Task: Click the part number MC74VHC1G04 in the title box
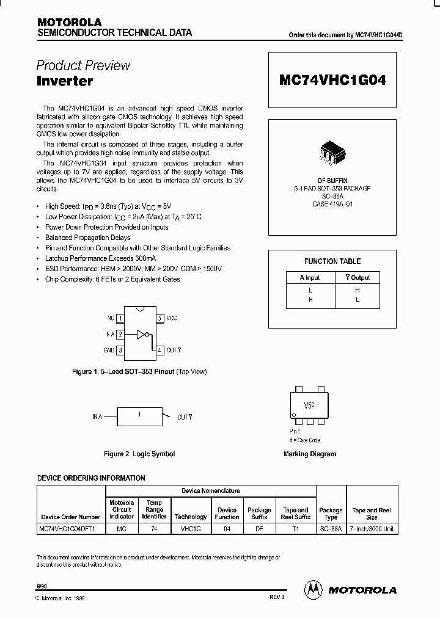(332, 79)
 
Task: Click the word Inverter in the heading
(64, 80)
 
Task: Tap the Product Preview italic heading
(83, 65)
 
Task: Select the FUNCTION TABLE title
(332, 261)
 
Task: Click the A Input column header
(310, 277)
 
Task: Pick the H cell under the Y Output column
(358, 291)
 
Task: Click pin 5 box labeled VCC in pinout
(159, 318)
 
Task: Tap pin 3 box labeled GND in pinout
(120, 350)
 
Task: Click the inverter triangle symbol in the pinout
(142, 334)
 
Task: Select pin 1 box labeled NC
(120, 318)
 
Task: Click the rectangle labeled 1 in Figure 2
(139, 416)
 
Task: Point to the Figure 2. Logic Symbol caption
(139, 454)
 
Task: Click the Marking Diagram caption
(310, 454)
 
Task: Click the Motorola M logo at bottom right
(313, 589)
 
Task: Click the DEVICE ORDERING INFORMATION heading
(92, 478)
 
